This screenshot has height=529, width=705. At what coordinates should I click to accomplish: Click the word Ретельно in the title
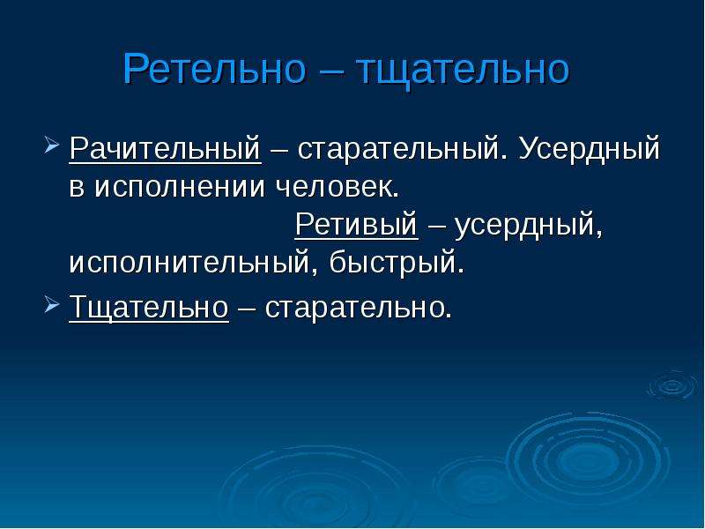pos(214,69)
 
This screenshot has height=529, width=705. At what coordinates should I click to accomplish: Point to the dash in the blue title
pos(331,71)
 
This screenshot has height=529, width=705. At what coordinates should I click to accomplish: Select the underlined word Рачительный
pos(165,148)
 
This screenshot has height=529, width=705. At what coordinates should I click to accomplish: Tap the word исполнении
pos(180,186)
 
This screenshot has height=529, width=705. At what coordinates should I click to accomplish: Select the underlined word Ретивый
pos(356,224)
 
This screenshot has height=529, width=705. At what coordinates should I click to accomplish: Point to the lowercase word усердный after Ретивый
pos(528,225)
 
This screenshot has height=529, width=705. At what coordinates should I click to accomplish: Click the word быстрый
pos(397,262)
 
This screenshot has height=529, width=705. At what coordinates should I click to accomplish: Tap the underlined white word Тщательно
pos(149,308)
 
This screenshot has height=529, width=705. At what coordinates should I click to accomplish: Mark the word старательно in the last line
pos(358,309)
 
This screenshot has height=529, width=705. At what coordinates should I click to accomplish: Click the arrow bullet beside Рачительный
pos(52,145)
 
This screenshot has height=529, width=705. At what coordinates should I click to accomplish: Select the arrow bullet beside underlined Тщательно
pos(52,305)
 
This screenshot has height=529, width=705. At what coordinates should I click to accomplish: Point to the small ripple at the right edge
pos(673,385)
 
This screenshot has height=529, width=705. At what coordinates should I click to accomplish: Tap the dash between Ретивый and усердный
pos(436,226)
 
